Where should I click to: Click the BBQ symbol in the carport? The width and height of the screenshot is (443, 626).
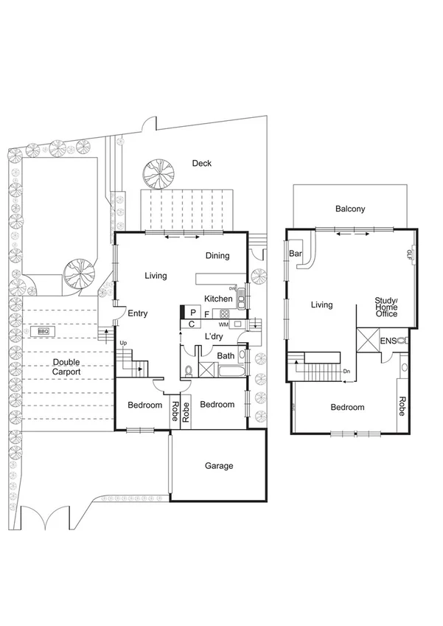coord(43,332)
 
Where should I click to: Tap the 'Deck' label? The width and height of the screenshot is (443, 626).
coord(202,163)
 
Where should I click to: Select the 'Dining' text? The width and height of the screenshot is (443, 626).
coord(217,256)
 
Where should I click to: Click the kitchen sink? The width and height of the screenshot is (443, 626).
coord(240,300)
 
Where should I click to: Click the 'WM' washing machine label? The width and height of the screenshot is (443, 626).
coord(223,324)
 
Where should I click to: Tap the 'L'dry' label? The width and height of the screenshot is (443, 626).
coord(214,337)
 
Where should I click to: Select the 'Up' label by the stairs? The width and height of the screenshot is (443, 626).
coord(123,344)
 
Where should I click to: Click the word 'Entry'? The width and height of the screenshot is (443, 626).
coord(138,313)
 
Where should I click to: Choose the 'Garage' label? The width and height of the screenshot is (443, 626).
coord(219,466)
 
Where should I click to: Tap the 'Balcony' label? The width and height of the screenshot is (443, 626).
coord(350,209)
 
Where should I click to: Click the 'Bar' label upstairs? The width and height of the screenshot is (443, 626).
coord(296,254)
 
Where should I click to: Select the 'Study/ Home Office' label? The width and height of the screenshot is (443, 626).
coord(386,307)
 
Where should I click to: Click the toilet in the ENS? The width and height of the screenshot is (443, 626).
coord(402,341)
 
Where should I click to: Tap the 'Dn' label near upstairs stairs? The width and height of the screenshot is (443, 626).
coord(346,371)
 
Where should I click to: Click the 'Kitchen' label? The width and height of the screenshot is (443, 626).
coord(218,299)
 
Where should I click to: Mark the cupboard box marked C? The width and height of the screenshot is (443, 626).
coord(192,324)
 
